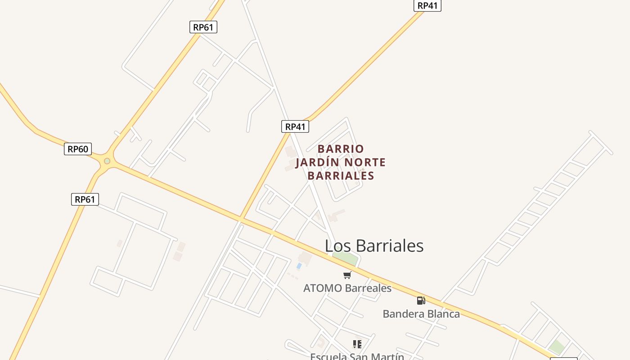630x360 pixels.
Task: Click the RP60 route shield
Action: tap(78, 149)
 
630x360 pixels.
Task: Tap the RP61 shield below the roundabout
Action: tap(85, 199)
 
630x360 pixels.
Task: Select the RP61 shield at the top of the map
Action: tap(203, 27)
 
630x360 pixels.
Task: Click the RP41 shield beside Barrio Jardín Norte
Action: tap(295, 126)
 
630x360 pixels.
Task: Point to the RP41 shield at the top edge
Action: tap(427, 5)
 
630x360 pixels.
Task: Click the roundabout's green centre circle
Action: tap(107, 161)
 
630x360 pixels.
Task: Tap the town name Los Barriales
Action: tap(374, 246)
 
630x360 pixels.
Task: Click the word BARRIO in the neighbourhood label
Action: tap(341, 149)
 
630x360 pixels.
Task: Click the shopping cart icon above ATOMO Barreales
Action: tap(347, 275)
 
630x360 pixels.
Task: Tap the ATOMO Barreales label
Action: tap(347, 288)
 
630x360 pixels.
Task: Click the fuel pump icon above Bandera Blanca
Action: tap(421, 301)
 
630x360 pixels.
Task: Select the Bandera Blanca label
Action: tap(421, 314)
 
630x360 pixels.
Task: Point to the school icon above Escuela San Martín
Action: tap(357, 344)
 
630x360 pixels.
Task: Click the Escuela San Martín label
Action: tap(357, 356)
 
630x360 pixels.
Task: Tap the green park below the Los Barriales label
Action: tap(345, 258)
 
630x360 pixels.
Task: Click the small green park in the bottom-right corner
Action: tap(557, 347)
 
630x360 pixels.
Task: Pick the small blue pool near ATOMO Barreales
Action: tap(299, 266)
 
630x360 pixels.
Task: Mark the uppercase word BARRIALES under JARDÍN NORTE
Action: tap(341, 175)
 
